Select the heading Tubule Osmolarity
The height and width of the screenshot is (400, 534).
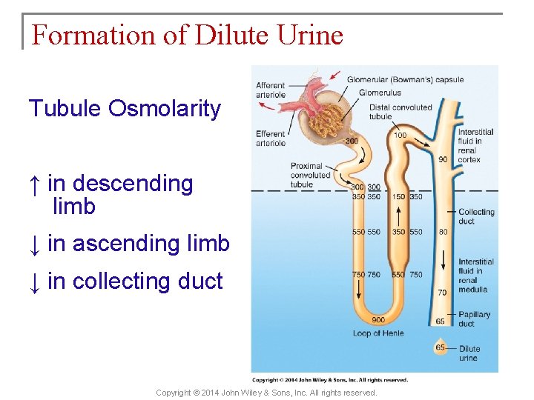(125, 109)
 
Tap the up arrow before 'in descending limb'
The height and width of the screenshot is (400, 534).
(35, 184)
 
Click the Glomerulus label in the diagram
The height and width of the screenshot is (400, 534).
(380, 93)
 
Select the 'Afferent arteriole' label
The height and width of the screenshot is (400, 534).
(271, 90)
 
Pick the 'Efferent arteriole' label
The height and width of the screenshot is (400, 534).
(271, 139)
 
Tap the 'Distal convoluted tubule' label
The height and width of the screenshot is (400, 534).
(400, 112)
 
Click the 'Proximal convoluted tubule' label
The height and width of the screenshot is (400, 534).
(306, 176)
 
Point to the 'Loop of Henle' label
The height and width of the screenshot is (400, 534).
(378, 333)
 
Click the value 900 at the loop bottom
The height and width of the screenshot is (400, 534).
(378, 320)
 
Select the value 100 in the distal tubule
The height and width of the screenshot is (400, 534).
(400, 135)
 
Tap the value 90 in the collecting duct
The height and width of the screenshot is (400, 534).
(443, 159)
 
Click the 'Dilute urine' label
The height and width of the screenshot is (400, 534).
(469, 353)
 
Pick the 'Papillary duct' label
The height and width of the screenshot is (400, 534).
(475, 319)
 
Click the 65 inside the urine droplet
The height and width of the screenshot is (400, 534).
(441, 347)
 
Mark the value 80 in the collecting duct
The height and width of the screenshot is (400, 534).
(443, 232)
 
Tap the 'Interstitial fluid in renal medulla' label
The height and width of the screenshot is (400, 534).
(475, 276)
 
